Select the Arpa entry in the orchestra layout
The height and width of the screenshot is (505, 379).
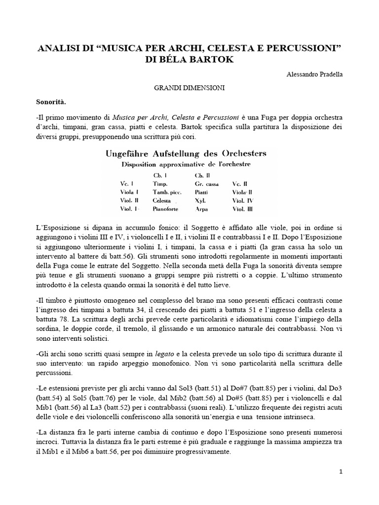(x=201, y=209)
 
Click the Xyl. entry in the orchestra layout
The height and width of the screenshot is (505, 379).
(x=201, y=200)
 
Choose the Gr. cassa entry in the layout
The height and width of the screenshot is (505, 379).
(x=207, y=182)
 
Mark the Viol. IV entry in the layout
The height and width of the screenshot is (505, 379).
(x=243, y=200)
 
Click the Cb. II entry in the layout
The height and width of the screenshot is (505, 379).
(x=202, y=174)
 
